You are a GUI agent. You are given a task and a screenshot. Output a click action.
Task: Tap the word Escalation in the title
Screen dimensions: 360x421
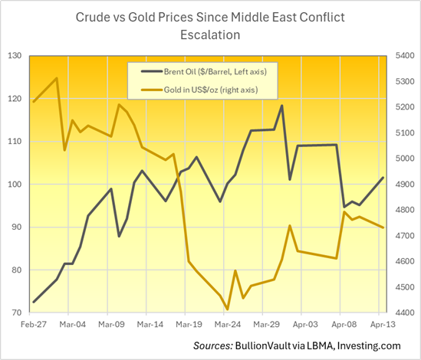(x=209, y=35)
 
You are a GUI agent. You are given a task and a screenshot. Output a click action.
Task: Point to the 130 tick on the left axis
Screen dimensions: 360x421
(x=15, y=56)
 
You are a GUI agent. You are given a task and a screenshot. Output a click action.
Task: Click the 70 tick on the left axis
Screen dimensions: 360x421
(x=17, y=313)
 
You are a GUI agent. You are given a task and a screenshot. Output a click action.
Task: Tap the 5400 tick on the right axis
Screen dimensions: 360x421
(x=403, y=56)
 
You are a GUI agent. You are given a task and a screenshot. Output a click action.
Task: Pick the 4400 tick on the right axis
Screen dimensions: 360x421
(x=403, y=313)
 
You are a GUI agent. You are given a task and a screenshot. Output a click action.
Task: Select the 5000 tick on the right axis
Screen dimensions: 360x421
(x=403, y=159)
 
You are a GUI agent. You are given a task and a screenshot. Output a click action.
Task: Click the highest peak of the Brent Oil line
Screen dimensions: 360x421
(x=282, y=106)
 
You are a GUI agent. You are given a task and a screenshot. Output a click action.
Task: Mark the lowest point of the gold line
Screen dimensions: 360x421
(x=228, y=309)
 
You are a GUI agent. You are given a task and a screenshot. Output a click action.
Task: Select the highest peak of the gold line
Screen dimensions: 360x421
(x=57, y=78)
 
